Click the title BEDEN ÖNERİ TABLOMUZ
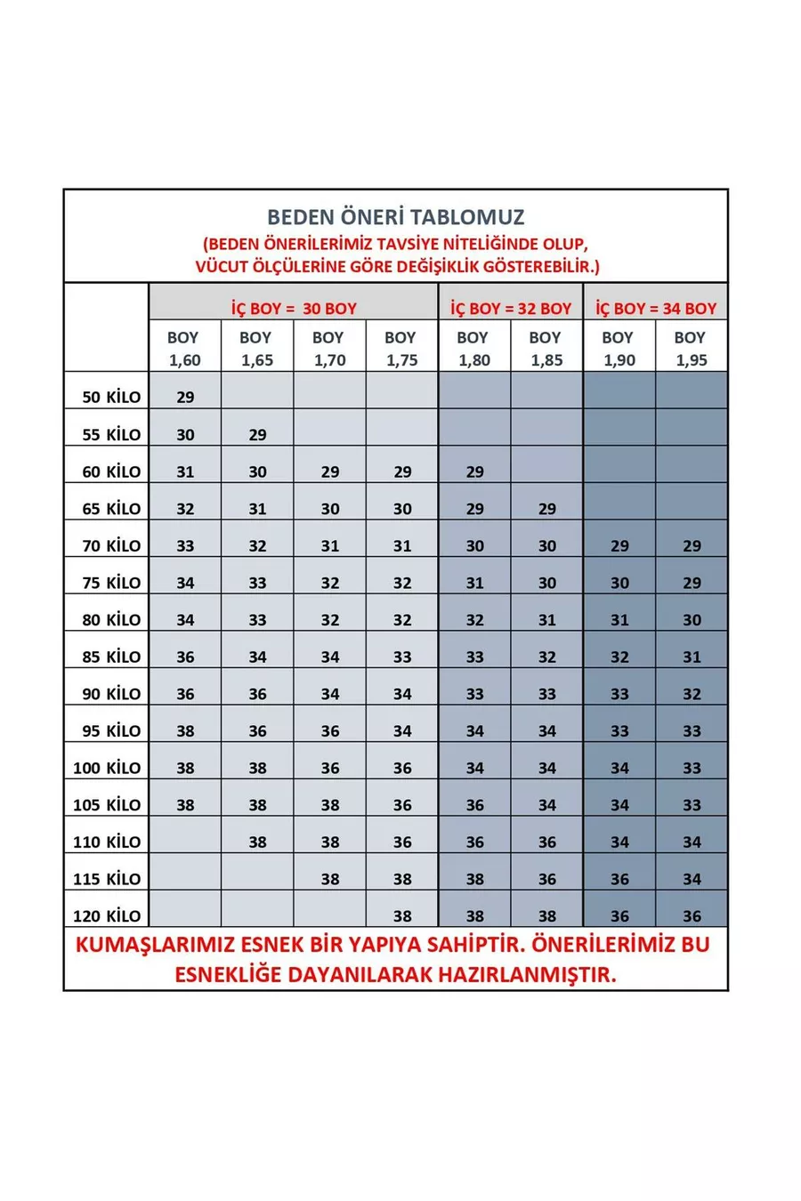(395, 217)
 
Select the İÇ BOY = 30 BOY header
(294, 309)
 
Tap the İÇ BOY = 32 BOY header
(511, 309)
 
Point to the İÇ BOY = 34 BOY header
(656, 309)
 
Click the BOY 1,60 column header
(184, 348)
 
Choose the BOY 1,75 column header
(401, 348)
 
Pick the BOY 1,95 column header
(692, 348)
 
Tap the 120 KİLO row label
(107, 916)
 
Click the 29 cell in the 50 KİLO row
(185, 398)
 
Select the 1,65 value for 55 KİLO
(257, 435)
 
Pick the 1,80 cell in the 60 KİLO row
(474, 472)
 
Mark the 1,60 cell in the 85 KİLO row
(185, 657)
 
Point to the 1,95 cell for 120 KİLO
(692, 916)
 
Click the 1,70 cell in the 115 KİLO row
(330, 879)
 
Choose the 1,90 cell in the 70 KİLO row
(619, 546)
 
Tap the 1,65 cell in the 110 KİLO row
(257, 842)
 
